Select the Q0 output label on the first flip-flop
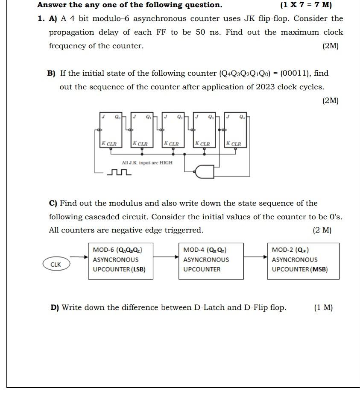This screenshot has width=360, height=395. point(118,116)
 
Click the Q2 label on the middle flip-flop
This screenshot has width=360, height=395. point(180,116)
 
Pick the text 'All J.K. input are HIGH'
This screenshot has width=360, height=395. point(147,163)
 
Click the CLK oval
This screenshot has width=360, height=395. point(56,265)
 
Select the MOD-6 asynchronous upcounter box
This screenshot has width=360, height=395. point(120,261)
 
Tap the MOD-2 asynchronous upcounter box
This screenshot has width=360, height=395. point(303,261)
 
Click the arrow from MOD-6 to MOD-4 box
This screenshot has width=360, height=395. point(165,257)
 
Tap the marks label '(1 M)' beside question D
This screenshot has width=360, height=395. point(323,307)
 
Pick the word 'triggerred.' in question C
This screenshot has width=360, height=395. point(183,230)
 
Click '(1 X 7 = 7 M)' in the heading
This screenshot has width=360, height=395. point(306,5)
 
